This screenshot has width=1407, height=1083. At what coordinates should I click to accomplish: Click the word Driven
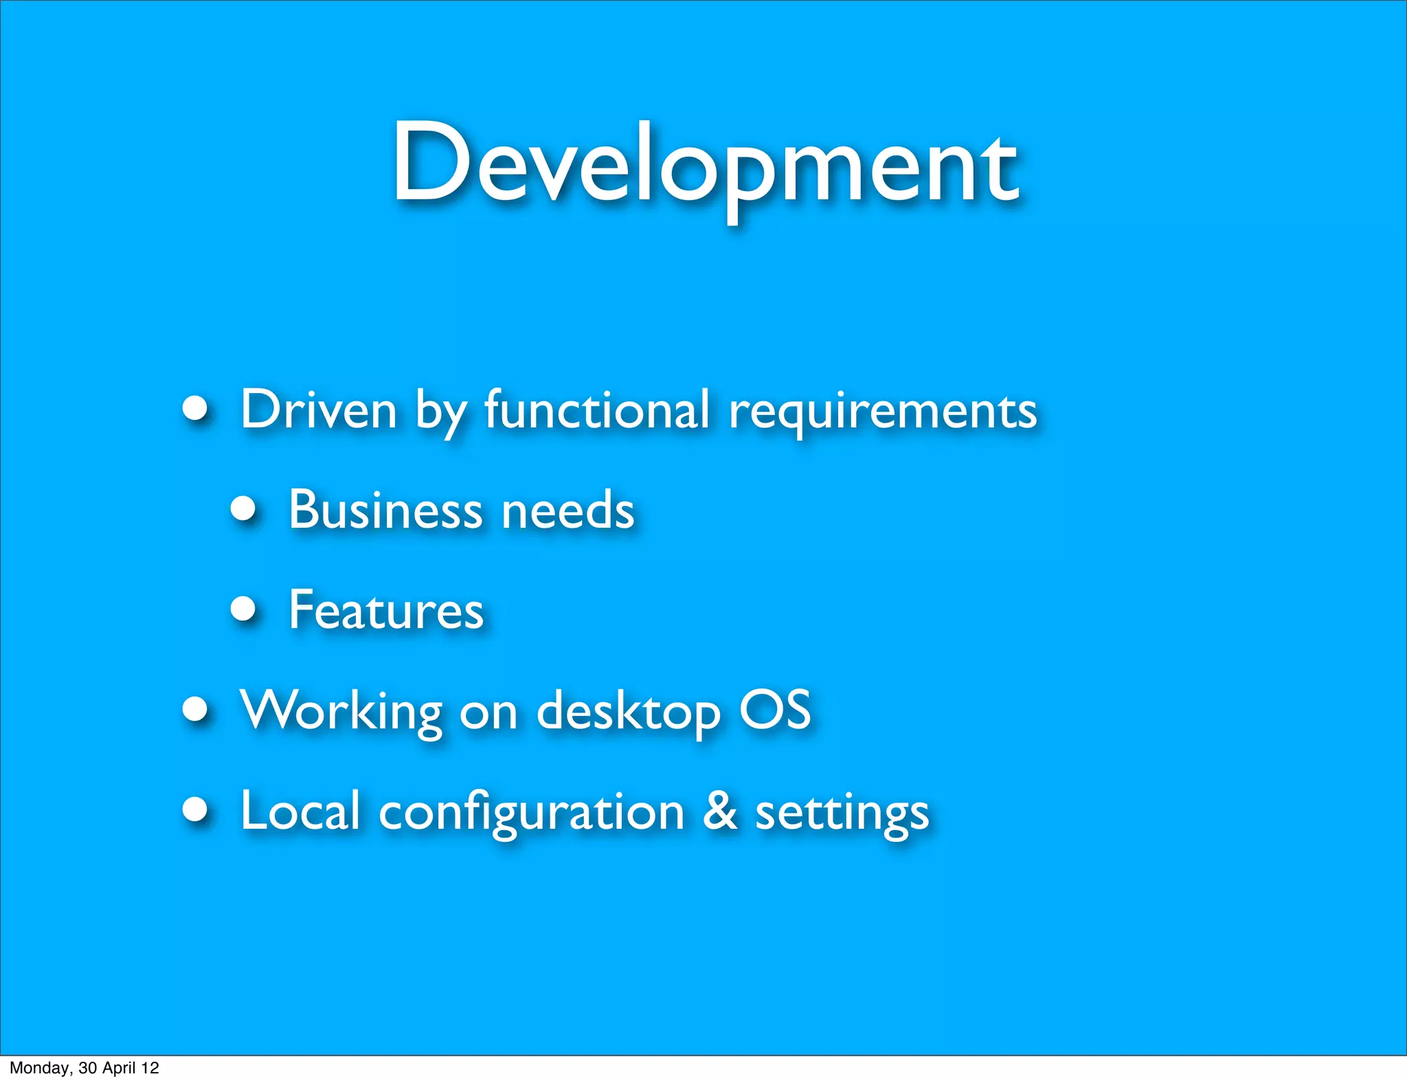click(x=319, y=410)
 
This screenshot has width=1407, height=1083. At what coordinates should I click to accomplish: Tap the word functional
click(x=596, y=410)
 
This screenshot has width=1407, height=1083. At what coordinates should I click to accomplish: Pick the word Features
click(x=386, y=610)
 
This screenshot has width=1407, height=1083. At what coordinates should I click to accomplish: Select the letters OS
click(x=775, y=710)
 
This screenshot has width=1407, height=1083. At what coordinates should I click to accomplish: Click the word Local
click(x=300, y=811)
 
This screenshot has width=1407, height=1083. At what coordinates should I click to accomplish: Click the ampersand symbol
click(x=720, y=811)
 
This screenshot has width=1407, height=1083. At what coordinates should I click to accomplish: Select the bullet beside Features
click(x=243, y=608)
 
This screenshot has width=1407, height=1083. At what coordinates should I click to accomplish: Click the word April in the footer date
click(x=118, y=1068)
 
